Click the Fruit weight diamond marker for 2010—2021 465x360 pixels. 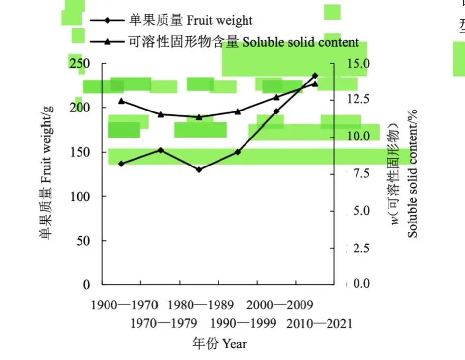tap(315, 76)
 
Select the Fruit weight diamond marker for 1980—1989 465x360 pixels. tap(199, 169)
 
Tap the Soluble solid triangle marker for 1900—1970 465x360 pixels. tap(121, 101)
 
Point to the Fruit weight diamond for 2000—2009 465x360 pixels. tap(276, 111)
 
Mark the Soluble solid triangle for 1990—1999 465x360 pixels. tap(238, 111)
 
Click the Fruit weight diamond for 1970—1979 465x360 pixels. tap(160, 150)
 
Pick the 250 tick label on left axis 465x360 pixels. tap(79, 64)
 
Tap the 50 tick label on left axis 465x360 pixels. tap(83, 241)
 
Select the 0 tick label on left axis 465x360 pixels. tap(87, 285)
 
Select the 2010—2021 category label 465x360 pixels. tap(319, 324)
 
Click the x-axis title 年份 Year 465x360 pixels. tap(219, 343)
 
